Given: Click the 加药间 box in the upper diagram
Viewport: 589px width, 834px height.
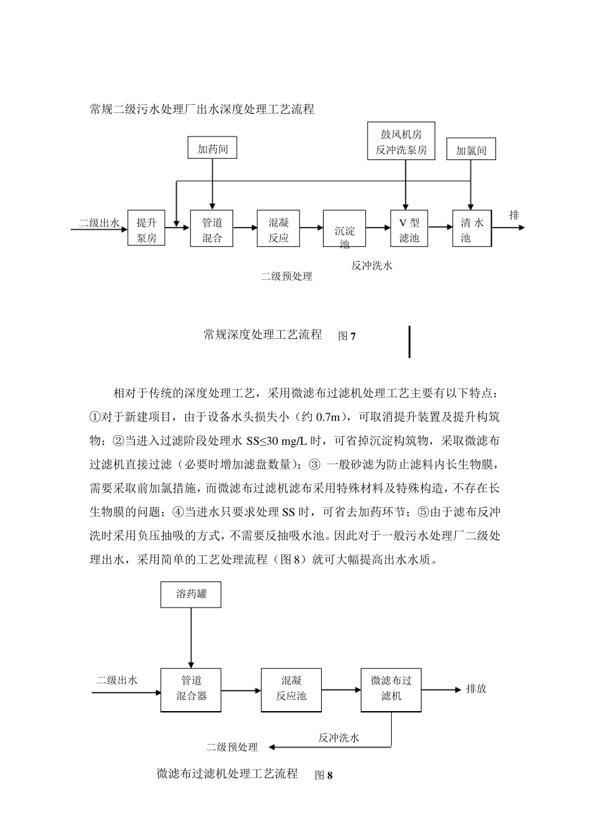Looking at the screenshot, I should click(x=212, y=149).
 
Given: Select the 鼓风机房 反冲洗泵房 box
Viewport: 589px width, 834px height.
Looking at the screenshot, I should click(x=401, y=141).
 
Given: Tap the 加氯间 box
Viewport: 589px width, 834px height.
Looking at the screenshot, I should click(x=471, y=150).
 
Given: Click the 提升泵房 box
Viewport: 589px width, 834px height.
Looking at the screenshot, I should click(x=146, y=228).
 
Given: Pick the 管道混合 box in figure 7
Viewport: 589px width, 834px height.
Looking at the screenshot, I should click(x=212, y=228).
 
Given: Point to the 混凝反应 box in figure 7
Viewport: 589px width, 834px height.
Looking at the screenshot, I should click(x=278, y=228).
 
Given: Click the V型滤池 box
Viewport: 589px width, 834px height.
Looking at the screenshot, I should click(x=409, y=228).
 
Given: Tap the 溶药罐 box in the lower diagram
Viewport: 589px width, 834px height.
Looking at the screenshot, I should click(x=191, y=594).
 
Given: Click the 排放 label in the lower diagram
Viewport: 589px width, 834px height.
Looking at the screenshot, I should click(x=476, y=689).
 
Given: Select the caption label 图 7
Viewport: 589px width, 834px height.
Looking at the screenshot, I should click(x=347, y=336).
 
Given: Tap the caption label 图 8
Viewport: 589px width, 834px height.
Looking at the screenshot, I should click(x=324, y=775).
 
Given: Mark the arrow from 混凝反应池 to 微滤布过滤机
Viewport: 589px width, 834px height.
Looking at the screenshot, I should click(x=341, y=689).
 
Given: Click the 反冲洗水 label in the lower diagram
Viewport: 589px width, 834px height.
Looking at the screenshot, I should click(x=339, y=738).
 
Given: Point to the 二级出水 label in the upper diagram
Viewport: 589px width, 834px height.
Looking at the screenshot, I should click(x=99, y=223).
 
